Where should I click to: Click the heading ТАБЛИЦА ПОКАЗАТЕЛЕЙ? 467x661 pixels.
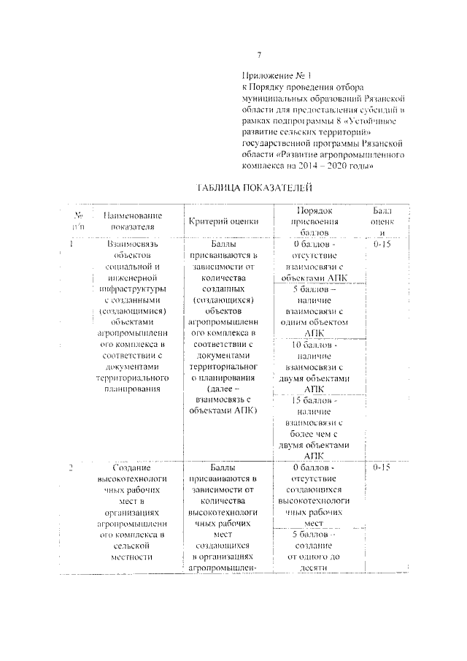coord(250,188)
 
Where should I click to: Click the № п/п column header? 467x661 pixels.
coord(77,221)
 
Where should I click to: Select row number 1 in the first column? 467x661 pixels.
coord(72,244)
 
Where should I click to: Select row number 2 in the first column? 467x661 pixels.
coord(72,467)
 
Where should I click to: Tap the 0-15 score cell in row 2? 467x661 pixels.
coord(382,467)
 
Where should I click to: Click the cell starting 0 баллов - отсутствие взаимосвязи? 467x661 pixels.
coord(317,261)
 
